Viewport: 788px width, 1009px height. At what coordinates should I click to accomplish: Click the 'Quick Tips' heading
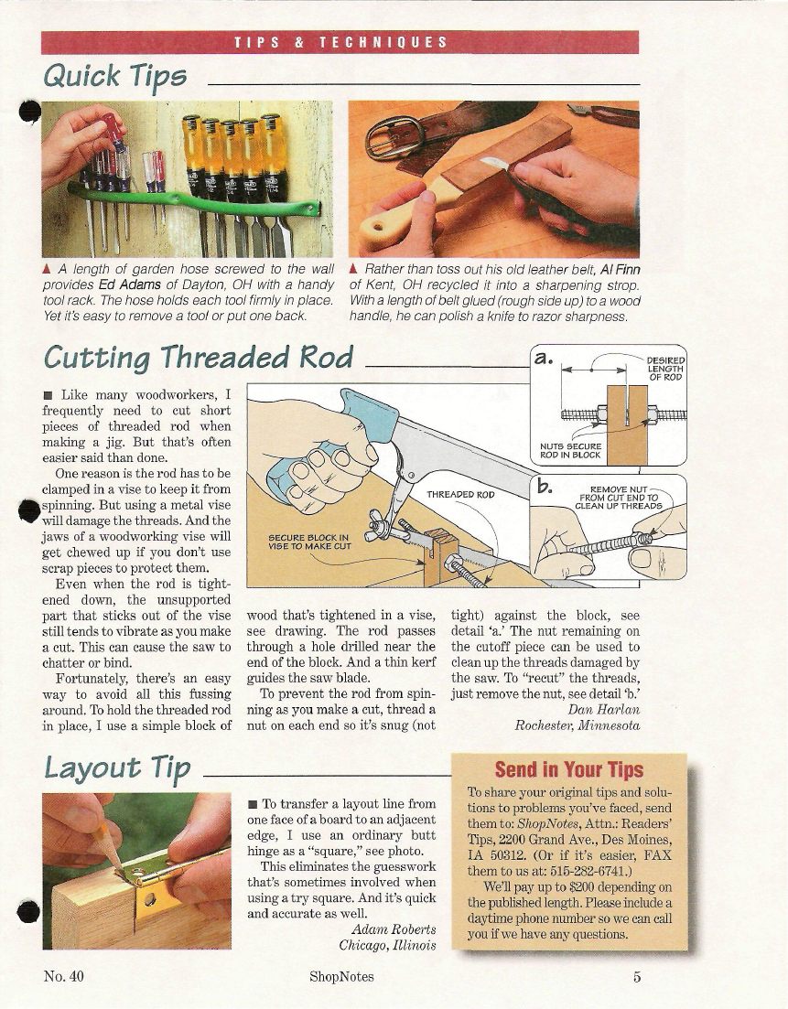pyautogui.click(x=114, y=77)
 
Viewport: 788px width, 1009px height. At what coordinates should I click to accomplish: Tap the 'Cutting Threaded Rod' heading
pyautogui.click(x=199, y=357)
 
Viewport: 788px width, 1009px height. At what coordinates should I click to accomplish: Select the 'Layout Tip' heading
pyautogui.click(x=117, y=767)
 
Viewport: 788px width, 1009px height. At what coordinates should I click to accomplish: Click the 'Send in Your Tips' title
pyautogui.click(x=569, y=769)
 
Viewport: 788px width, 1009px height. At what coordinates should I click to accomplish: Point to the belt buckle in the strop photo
pyautogui.click(x=394, y=136)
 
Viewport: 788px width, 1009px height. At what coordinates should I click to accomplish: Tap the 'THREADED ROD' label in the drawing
pyautogui.click(x=460, y=495)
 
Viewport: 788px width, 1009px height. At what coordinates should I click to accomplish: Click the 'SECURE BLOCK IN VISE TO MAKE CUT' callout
pyautogui.click(x=309, y=542)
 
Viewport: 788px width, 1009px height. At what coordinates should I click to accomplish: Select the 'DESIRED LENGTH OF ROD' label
pyautogui.click(x=665, y=369)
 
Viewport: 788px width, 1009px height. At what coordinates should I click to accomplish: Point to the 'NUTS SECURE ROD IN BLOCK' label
pyautogui.click(x=570, y=450)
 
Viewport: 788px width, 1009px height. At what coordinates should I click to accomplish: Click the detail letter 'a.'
pyautogui.click(x=544, y=358)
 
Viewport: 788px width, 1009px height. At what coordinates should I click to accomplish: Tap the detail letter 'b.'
pyautogui.click(x=545, y=487)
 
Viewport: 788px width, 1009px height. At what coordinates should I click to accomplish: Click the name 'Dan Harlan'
pyautogui.click(x=604, y=710)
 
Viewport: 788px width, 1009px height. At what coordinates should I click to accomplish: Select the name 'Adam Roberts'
pyautogui.click(x=394, y=929)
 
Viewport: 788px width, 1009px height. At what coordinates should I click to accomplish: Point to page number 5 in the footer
pyautogui.click(x=637, y=977)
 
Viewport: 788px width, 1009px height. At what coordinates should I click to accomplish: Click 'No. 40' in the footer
pyautogui.click(x=64, y=976)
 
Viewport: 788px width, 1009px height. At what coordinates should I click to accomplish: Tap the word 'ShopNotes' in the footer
pyautogui.click(x=341, y=977)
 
